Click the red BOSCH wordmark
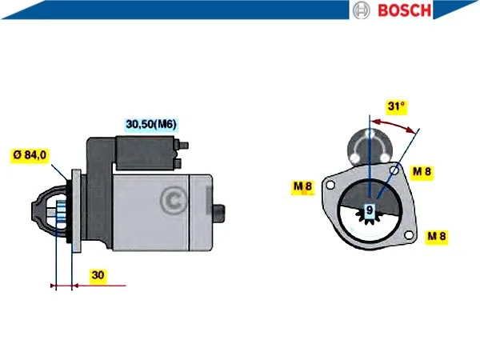point(405,10)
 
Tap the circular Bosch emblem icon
point(362,10)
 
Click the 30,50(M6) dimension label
point(151,124)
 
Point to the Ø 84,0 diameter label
point(30,155)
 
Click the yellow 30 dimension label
point(98,275)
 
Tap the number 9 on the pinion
point(370,210)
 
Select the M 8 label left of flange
point(302,186)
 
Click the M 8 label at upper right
point(422,171)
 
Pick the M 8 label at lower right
point(437,236)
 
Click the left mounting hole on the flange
point(330,185)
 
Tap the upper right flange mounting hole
point(394,170)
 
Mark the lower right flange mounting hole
point(408,235)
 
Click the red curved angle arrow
point(394,123)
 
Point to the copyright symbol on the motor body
point(174,201)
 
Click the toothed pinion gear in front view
point(370,214)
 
